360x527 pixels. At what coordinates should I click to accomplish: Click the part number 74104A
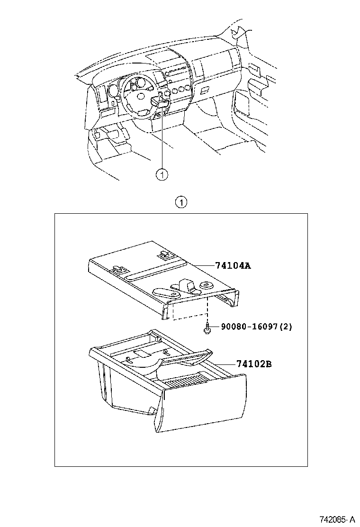click(x=233, y=266)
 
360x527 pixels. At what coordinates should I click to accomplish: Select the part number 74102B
click(x=254, y=364)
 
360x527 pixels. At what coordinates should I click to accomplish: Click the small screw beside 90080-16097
click(x=207, y=328)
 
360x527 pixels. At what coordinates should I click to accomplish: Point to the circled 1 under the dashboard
click(x=162, y=174)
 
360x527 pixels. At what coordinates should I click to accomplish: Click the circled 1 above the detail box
click(x=180, y=203)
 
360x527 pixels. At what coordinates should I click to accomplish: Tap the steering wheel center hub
click(x=141, y=96)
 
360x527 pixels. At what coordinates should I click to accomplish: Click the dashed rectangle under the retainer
click(x=189, y=312)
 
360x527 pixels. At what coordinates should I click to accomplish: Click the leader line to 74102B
click(x=223, y=364)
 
